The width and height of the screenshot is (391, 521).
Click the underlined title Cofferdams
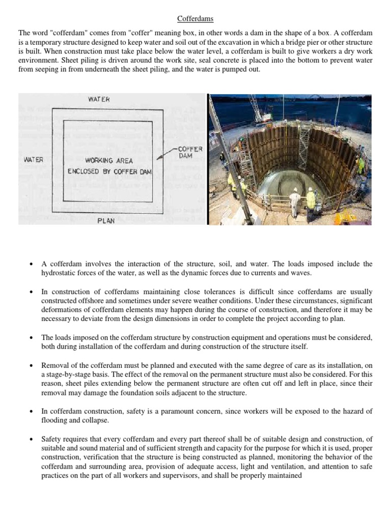pos(195,19)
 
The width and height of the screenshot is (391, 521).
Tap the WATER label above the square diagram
pos(99,100)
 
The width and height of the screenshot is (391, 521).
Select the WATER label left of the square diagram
pos(34,159)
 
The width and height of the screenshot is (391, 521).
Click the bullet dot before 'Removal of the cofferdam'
pos(32,365)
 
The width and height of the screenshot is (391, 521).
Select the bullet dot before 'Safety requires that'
pos(32,439)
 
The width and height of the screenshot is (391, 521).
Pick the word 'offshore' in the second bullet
pos(81,301)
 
